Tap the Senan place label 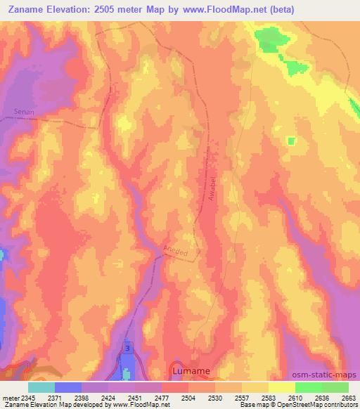click(24, 111)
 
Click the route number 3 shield click(127, 349)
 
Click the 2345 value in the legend click(28, 397)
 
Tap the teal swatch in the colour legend click(41, 387)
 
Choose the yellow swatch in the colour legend click(281, 387)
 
